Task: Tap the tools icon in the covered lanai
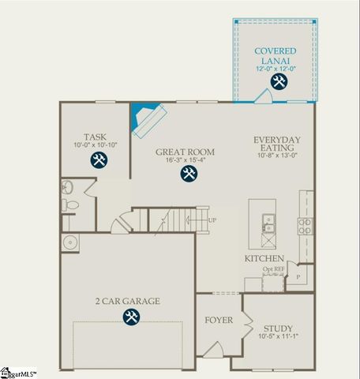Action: pos(278,81)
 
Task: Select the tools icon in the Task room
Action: pos(99,160)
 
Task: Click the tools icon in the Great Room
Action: pos(188,174)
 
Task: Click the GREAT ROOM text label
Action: pos(186,152)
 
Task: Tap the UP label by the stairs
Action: pos(212,220)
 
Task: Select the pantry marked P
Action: pos(298,278)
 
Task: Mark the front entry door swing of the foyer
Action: pos(212,348)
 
